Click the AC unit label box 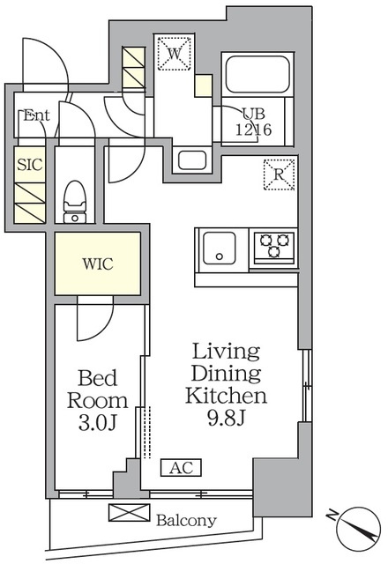pyautogui.click(x=181, y=468)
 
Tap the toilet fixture pyautogui.click(x=75, y=202)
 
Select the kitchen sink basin pyautogui.click(x=220, y=249)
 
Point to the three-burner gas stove pyautogui.click(x=274, y=247)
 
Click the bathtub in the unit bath pyautogui.click(x=257, y=74)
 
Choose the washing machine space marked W pyautogui.click(x=175, y=53)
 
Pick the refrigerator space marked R pyautogui.click(x=279, y=174)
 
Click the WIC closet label pyautogui.click(x=98, y=264)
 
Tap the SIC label pyautogui.click(x=30, y=165)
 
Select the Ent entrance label pyautogui.click(x=36, y=115)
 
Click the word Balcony pyautogui.click(x=186, y=520)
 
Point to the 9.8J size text pyautogui.click(x=227, y=418)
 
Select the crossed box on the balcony pyautogui.click(x=130, y=513)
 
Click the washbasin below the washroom pyautogui.click(x=192, y=160)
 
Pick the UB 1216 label pyautogui.click(x=253, y=122)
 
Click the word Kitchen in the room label pyautogui.click(x=226, y=396)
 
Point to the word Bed pyautogui.click(x=98, y=378)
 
